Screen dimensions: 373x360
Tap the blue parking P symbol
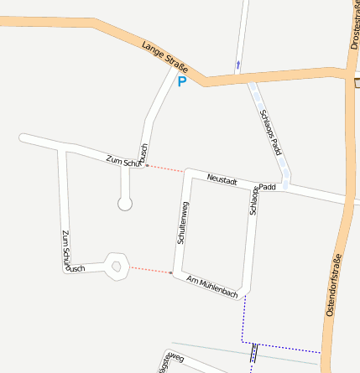[x=181, y=82]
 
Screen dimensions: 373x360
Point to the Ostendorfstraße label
[x=333, y=284]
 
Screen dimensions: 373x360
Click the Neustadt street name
[x=222, y=180]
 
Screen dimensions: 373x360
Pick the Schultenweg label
[x=182, y=223]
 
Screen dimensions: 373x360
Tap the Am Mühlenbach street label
[x=213, y=285]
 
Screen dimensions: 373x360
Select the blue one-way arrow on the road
[x=238, y=64]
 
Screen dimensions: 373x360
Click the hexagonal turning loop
[x=117, y=267]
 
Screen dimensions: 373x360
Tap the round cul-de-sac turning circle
[x=125, y=203]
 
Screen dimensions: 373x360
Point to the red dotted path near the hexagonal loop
[x=150, y=270]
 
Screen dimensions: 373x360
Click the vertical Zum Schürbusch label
[x=69, y=251]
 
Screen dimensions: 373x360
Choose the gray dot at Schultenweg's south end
[x=171, y=273]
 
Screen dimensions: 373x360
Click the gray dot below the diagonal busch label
[x=148, y=166]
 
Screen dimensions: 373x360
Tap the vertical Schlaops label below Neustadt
[x=253, y=202]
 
